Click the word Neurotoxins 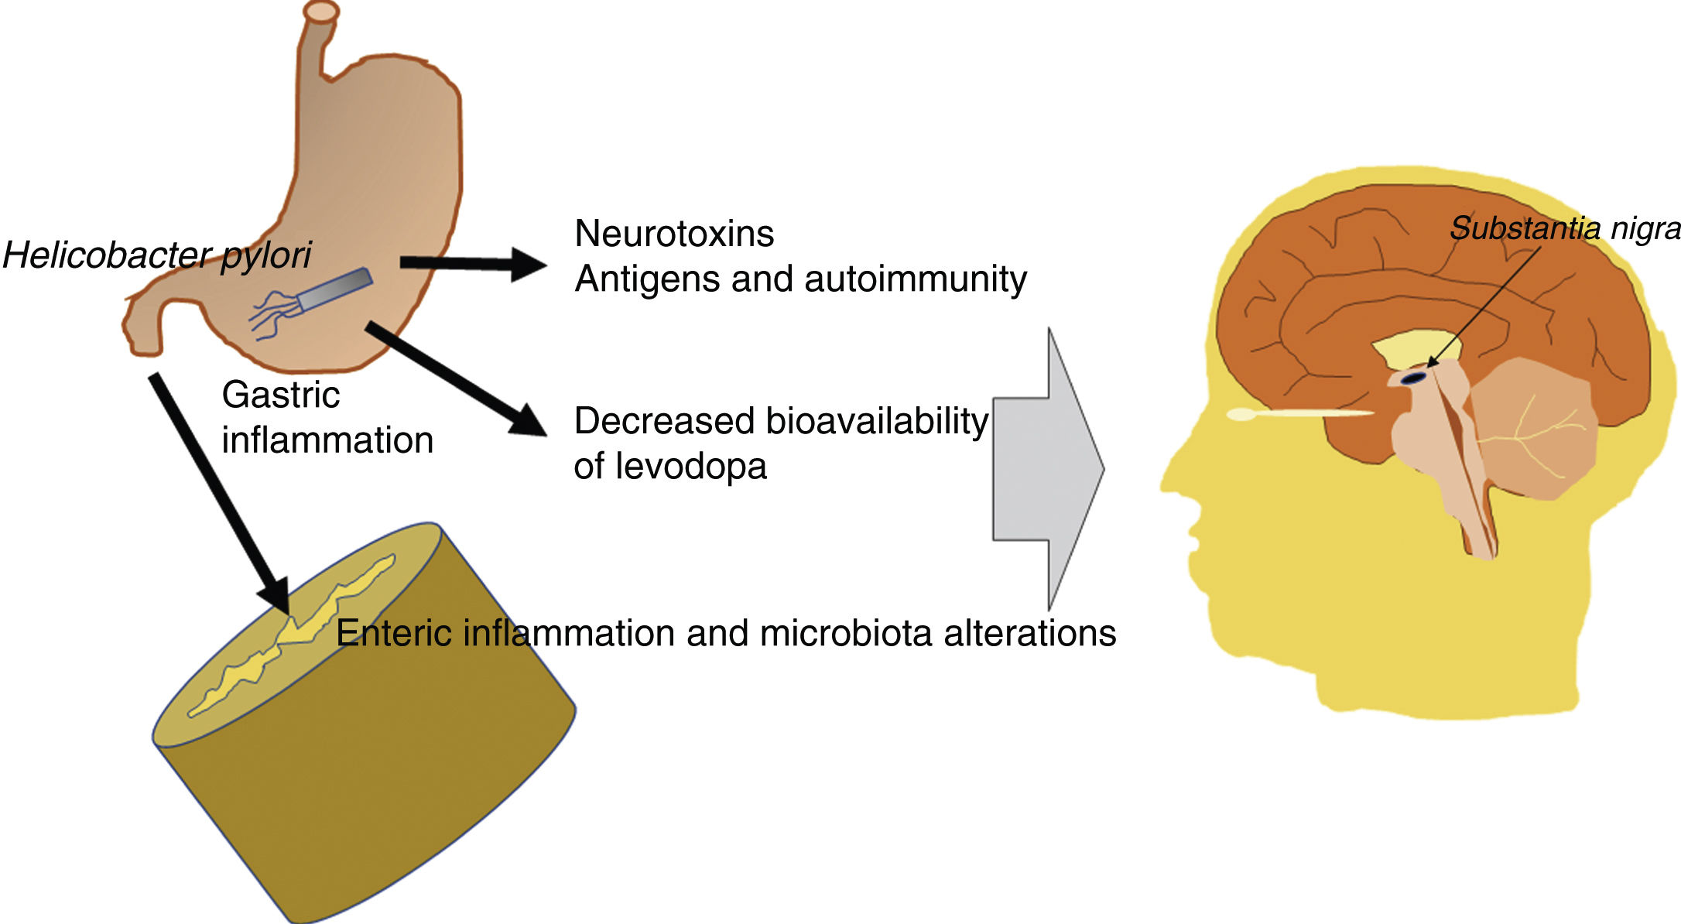(x=673, y=234)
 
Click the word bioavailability (x=877, y=422)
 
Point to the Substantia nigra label (x=1564, y=228)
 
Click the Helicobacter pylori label (x=156, y=255)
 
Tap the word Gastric (x=280, y=395)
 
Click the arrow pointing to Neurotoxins (x=472, y=264)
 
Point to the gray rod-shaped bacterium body (x=334, y=288)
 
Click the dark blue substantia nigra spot (x=1414, y=378)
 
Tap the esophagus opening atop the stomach (x=320, y=12)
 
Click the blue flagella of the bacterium (x=271, y=313)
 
